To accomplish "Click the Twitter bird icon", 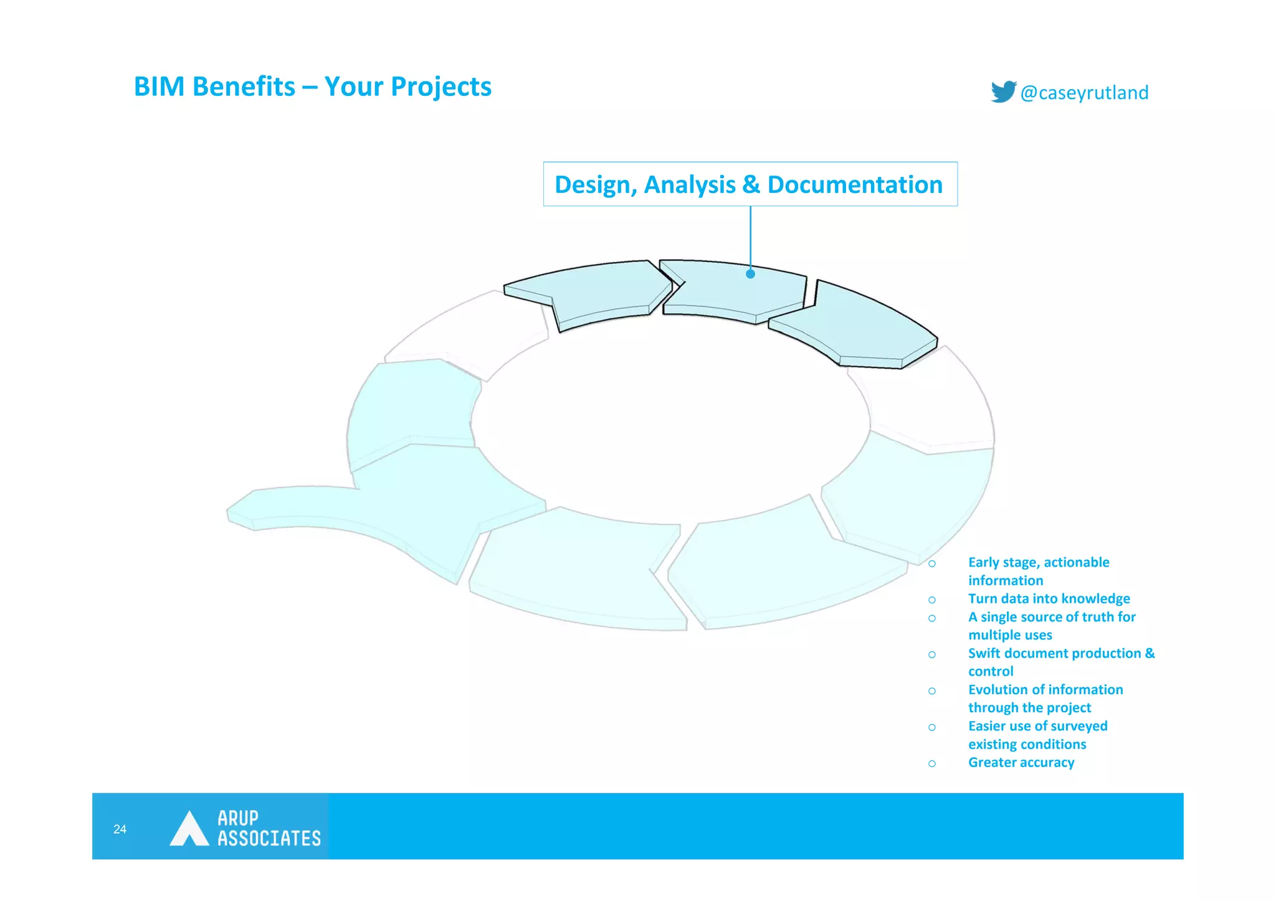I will (x=1003, y=92).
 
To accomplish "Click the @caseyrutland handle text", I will (x=1084, y=93).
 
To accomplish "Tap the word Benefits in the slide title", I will (x=244, y=87).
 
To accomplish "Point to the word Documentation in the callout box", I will (x=855, y=185).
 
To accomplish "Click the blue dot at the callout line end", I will (x=750, y=273).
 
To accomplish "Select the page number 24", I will (x=120, y=829).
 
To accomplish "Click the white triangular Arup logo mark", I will (x=189, y=829).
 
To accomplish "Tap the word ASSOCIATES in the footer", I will (x=269, y=839).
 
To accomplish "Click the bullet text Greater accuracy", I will (x=1021, y=762).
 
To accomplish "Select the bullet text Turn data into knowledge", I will (x=1049, y=598).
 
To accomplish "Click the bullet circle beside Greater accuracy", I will (x=931, y=763).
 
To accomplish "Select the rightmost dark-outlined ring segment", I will (x=860, y=324).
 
